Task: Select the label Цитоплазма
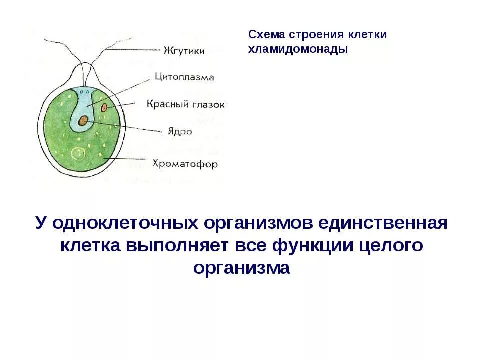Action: (x=184, y=77)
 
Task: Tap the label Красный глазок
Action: (x=185, y=104)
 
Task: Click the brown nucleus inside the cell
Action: (x=83, y=120)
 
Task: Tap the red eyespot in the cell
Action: (x=104, y=107)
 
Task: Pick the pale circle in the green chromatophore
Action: (x=77, y=154)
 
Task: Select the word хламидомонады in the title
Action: (x=298, y=49)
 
